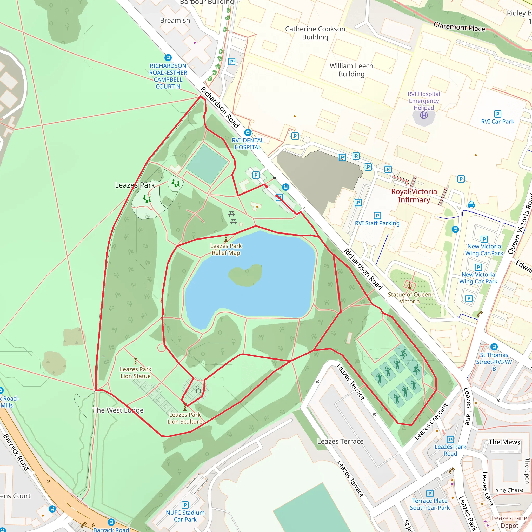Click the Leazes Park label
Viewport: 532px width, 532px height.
click(135, 185)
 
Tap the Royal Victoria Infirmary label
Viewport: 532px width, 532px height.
click(414, 196)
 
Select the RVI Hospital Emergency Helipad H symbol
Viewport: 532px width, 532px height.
click(424, 115)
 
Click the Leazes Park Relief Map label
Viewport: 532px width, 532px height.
click(226, 249)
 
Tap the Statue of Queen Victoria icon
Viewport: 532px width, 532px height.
click(409, 285)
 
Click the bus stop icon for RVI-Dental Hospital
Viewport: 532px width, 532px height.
click(248, 133)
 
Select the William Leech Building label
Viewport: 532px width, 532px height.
click(351, 70)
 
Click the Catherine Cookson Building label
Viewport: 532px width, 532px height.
click(315, 33)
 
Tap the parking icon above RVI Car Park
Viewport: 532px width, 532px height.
click(497, 114)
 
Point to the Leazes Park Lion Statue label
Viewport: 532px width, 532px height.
click(136, 373)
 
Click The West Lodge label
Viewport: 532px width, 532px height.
click(118, 410)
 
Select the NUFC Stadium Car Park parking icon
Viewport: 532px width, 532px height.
click(185, 505)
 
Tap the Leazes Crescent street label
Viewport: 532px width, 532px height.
click(431, 422)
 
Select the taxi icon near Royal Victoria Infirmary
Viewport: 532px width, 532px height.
click(471, 204)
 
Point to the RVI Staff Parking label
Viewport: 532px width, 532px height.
click(377, 223)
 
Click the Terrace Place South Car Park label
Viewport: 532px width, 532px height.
click(430, 504)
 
